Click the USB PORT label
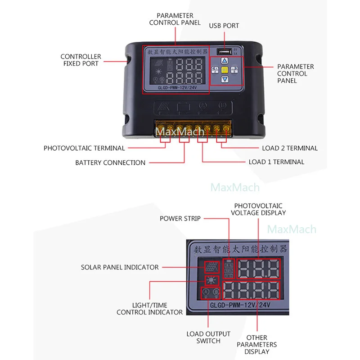click(224, 26)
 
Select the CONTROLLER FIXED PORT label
click(81, 60)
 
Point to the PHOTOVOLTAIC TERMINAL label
click(84, 148)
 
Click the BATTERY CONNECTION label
click(110, 162)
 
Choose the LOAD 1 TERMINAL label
click(276, 162)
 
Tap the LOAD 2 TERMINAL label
click(290, 148)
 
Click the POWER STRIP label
click(180, 219)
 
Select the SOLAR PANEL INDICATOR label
click(120, 267)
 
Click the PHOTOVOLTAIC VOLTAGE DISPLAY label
click(258, 209)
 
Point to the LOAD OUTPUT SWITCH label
click(208, 337)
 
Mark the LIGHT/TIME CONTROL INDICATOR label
click(149, 309)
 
